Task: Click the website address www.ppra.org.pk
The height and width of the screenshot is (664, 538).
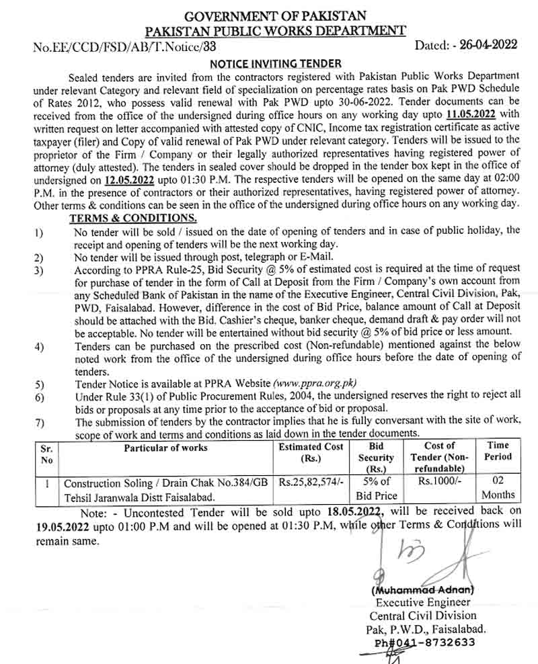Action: [x=314, y=384]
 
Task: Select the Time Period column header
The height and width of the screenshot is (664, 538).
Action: [x=498, y=451]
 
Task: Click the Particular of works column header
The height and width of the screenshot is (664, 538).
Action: [x=165, y=447]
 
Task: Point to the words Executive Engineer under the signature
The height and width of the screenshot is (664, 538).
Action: [x=422, y=602]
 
